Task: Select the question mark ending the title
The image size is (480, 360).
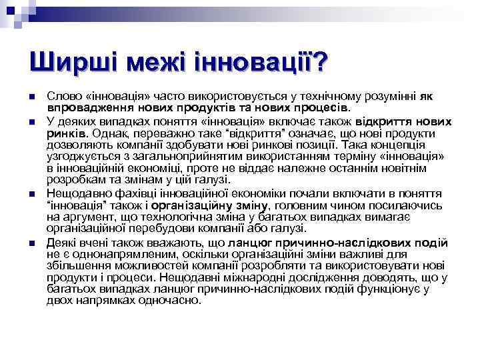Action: (321, 64)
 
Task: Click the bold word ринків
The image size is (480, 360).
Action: (65, 133)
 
